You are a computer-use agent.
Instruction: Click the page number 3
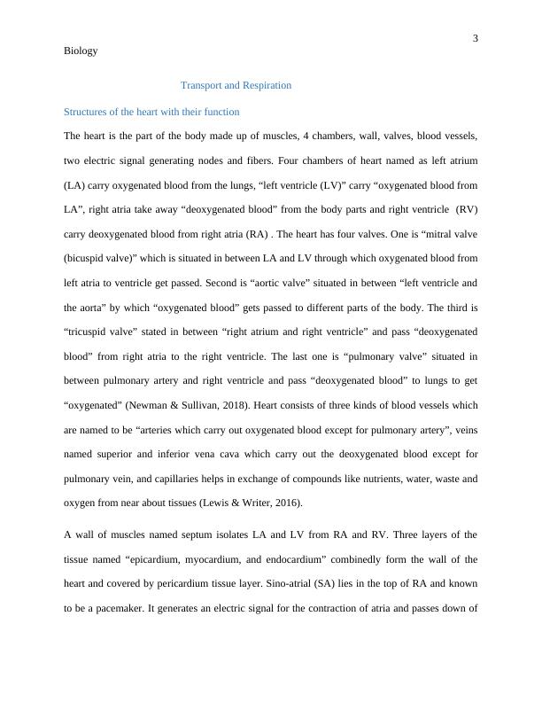(476, 38)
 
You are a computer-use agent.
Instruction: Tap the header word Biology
(81, 51)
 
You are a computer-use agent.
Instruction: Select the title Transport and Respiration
(236, 86)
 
